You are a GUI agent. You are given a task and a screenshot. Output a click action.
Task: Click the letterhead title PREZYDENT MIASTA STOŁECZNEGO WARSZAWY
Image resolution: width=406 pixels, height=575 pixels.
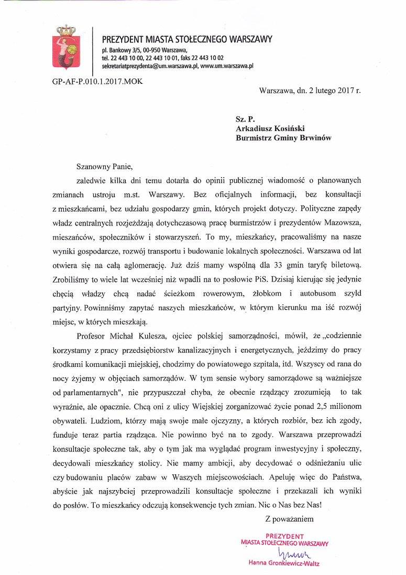186,39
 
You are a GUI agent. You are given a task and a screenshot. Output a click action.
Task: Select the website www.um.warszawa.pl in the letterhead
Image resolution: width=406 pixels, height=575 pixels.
227,67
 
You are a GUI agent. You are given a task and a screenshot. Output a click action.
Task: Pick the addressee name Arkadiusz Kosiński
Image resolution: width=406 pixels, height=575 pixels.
270,128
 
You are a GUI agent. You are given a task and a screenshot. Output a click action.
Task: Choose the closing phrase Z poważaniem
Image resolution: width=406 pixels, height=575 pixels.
289,519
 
